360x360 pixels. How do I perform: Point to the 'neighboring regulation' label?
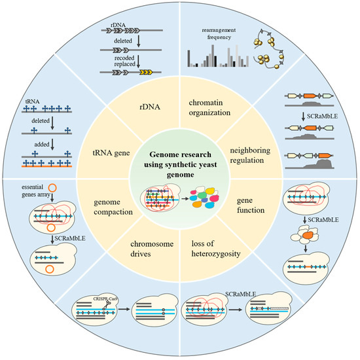pyautogui.click(x=259, y=153)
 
